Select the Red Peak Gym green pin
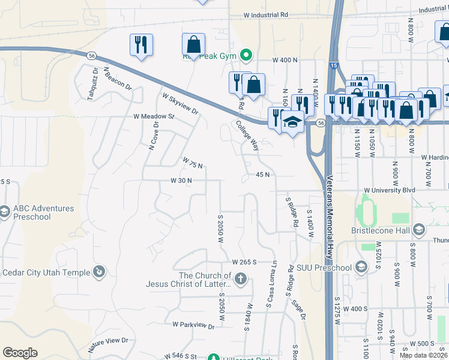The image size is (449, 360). point(246,56)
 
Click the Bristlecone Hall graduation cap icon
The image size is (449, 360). point(418,229)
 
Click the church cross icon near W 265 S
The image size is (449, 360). point(240,278)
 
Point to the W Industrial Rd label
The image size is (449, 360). point(266,14)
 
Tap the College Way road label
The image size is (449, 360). point(247,136)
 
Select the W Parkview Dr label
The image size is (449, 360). point(193,325)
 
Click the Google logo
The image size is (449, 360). point(20,352)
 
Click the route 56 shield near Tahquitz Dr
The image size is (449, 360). point(91,55)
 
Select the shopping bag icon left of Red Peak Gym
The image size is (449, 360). point(193,45)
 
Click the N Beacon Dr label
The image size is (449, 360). point(118,78)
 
